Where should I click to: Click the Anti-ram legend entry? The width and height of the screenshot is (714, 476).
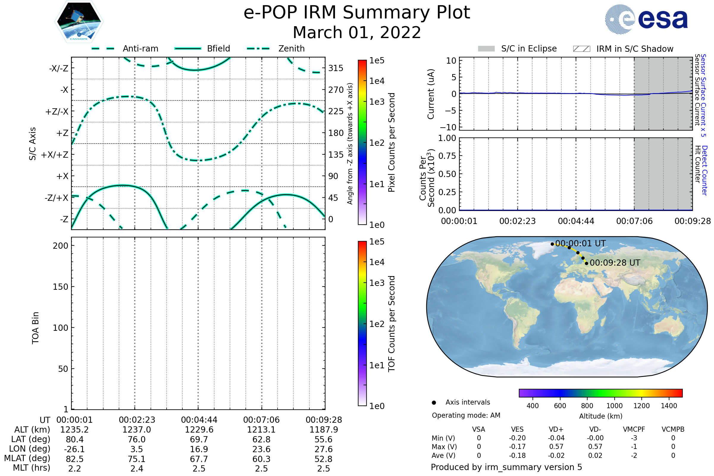[x=125, y=48]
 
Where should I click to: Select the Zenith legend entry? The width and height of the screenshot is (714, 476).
[x=276, y=48]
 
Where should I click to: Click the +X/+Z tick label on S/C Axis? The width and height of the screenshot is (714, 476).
[x=55, y=155]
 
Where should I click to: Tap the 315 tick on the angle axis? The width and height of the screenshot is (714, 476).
[x=336, y=68]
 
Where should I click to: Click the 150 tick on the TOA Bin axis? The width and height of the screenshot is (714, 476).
[x=60, y=287]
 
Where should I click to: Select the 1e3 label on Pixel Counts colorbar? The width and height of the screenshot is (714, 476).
[x=377, y=102]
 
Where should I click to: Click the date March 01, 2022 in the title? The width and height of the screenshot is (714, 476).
[x=357, y=32]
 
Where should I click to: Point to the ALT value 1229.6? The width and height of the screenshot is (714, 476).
[x=199, y=430]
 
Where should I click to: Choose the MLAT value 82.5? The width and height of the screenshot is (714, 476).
[x=75, y=459]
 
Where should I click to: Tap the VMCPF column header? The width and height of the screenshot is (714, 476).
[x=634, y=429]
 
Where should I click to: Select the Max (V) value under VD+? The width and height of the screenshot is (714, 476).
[x=556, y=447]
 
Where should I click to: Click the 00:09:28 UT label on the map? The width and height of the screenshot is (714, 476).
[x=615, y=263]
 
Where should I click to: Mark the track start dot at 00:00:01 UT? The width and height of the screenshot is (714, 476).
[x=552, y=244]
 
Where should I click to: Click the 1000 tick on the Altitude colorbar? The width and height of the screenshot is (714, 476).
[x=614, y=406]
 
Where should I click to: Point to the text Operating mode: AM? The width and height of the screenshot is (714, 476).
[x=466, y=415]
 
